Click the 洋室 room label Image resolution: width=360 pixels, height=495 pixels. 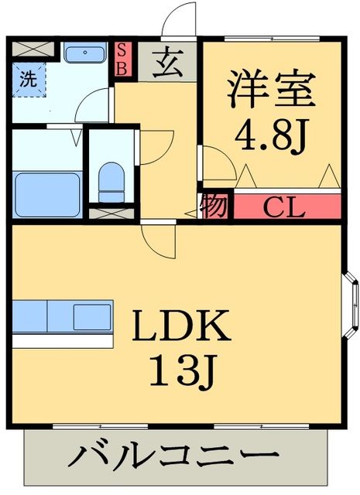[271, 89]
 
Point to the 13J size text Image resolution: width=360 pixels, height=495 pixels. [182, 374]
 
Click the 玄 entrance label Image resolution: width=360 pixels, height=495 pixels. [168, 62]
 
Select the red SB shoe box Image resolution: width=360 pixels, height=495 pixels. [122, 58]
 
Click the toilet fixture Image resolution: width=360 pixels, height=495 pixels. [111, 180]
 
